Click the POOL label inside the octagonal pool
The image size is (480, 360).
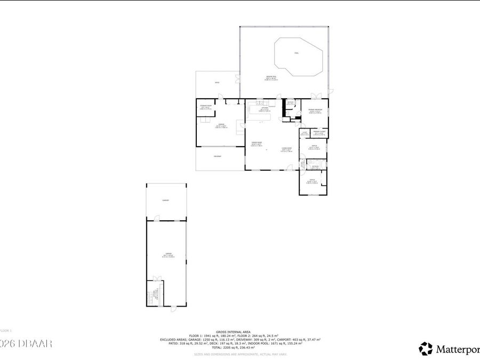pos(297,53)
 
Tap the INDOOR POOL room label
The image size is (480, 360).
pos(271,78)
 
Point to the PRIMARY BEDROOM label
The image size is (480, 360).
pos(315,110)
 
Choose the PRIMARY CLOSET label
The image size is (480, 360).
pos(319,132)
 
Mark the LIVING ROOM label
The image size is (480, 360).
pos(286,149)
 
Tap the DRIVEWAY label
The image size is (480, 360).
pos(218,156)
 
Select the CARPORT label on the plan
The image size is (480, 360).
pos(166,200)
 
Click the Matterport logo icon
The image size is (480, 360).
pos(426,349)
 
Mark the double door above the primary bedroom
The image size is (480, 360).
pos(316,96)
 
